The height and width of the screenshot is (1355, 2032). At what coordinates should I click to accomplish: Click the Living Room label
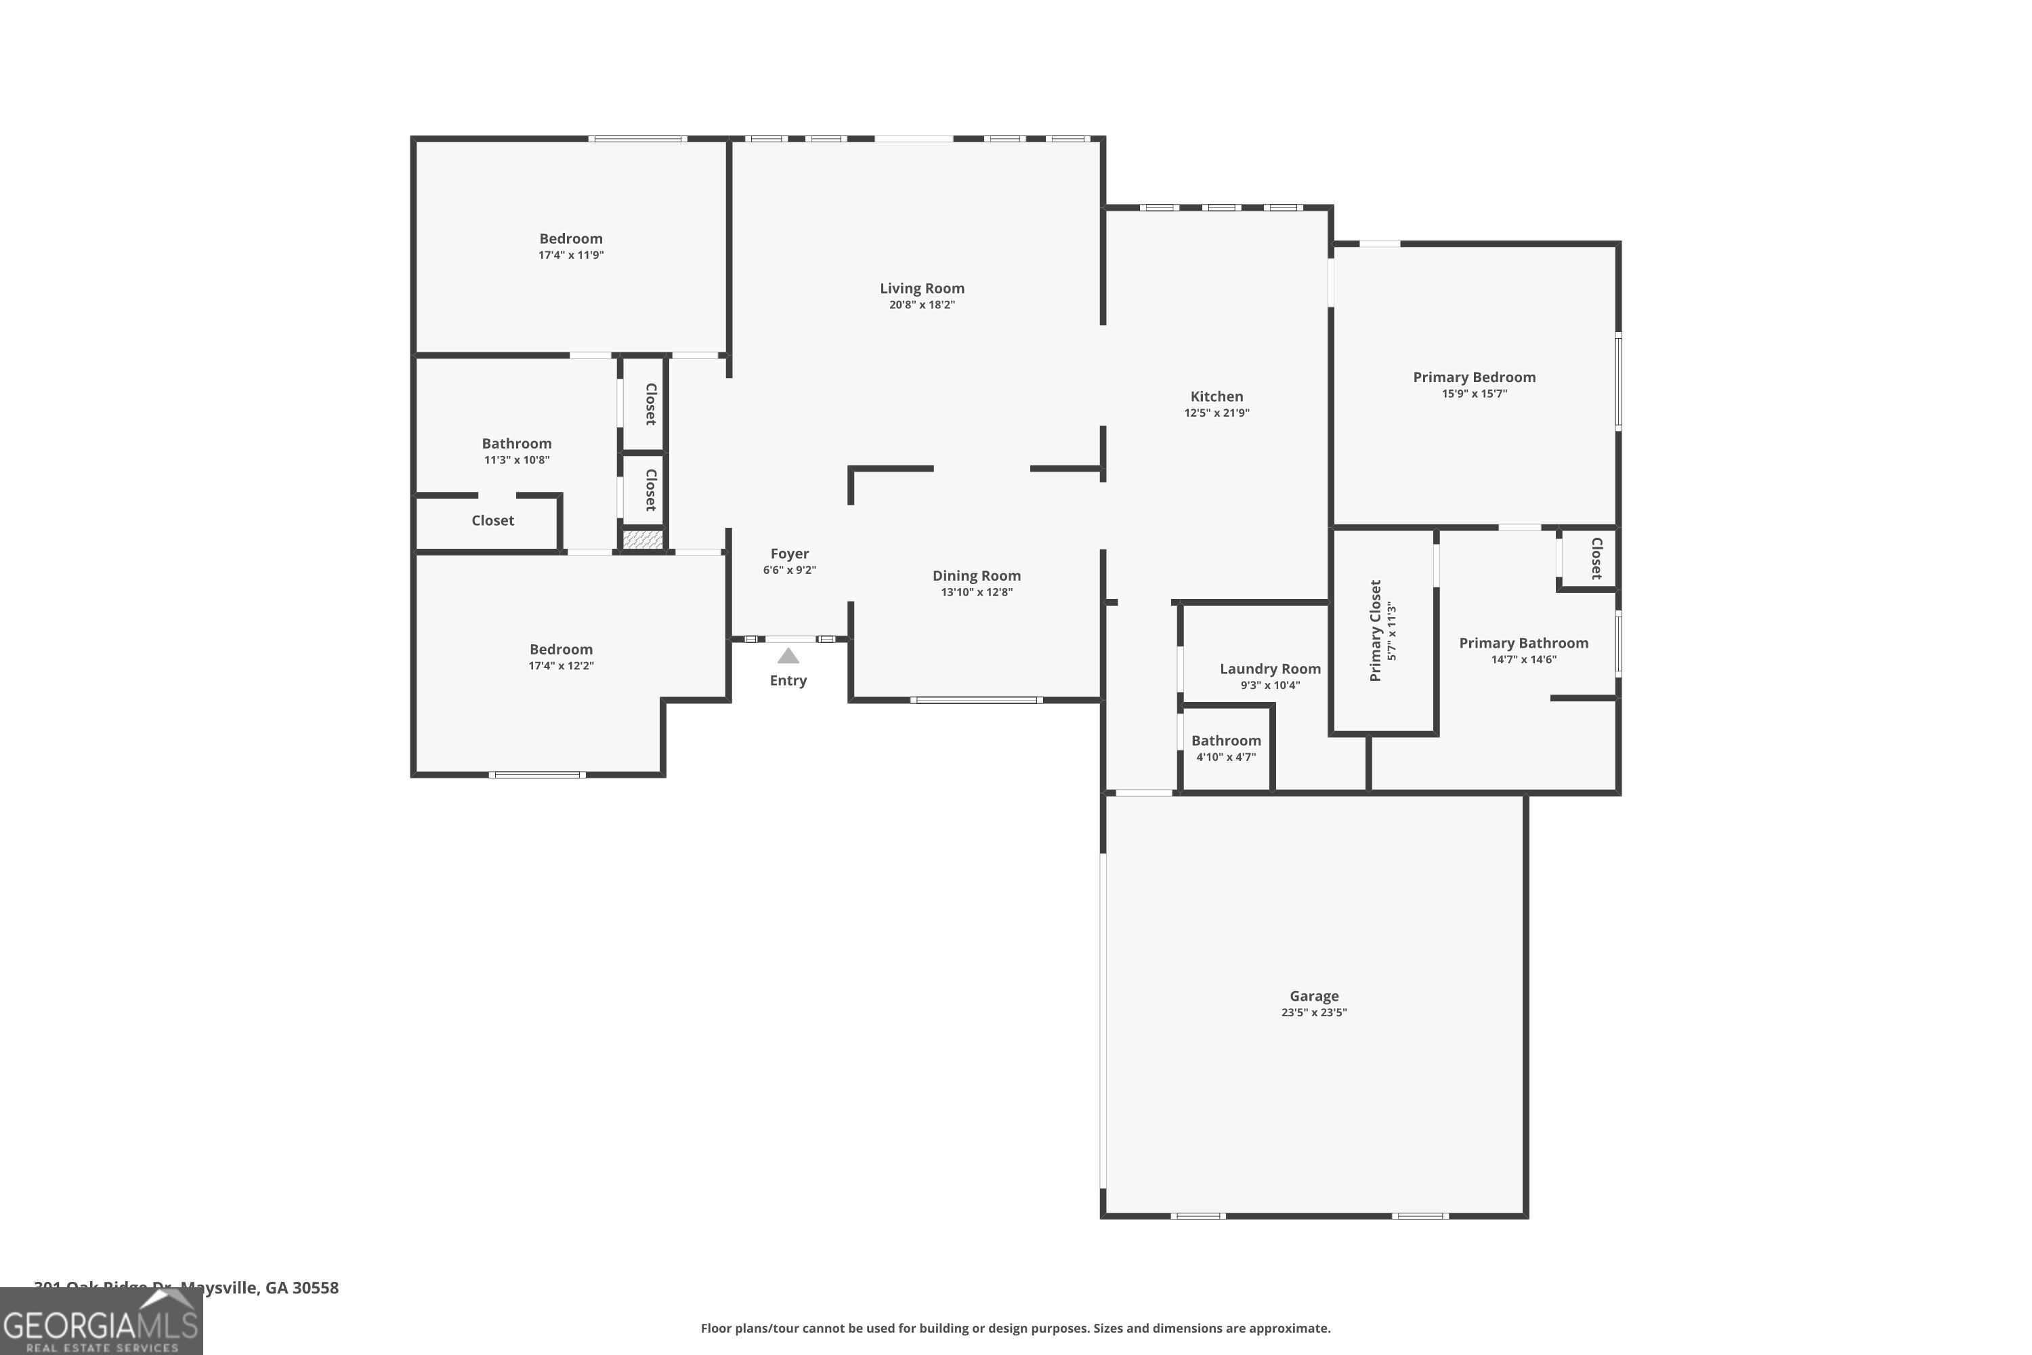[922, 289]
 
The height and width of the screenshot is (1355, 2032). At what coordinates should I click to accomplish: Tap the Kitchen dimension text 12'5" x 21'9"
[1216, 413]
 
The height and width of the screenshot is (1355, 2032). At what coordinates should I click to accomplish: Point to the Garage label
[1314, 997]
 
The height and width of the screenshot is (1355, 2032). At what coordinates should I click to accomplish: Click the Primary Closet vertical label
[1376, 630]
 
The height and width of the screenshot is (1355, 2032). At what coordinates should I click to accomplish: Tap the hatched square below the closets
[643, 540]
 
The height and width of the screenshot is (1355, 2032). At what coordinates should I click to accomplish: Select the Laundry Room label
[1270, 669]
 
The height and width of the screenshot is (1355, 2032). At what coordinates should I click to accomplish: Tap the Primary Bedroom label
[1474, 377]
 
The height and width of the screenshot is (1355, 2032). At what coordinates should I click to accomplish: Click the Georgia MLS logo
[101, 1322]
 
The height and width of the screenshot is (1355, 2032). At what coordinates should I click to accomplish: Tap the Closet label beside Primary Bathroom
[1596, 558]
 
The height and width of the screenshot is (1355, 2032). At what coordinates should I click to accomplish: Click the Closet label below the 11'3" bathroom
[492, 520]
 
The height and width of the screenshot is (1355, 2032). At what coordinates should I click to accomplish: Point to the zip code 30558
[316, 1288]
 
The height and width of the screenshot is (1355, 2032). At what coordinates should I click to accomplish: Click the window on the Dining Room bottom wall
[976, 700]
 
